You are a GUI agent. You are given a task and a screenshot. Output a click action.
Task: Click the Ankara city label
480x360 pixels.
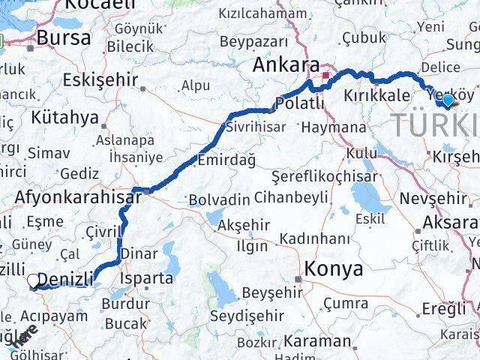pos(284,66)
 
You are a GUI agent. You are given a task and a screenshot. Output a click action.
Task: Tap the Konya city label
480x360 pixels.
pos(334,268)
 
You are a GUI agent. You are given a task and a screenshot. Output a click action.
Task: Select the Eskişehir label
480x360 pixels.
pos(100,79)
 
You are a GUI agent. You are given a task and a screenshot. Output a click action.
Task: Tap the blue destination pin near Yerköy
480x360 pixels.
pos(448,100)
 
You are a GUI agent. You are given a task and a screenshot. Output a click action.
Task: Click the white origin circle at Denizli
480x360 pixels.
pos(33,281)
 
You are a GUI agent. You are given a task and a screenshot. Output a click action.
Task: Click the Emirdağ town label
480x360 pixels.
pos(226,160)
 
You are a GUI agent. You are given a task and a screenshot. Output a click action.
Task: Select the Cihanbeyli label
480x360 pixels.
pos(291,199)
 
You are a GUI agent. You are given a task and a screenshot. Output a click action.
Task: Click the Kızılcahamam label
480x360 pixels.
pos(263,13)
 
